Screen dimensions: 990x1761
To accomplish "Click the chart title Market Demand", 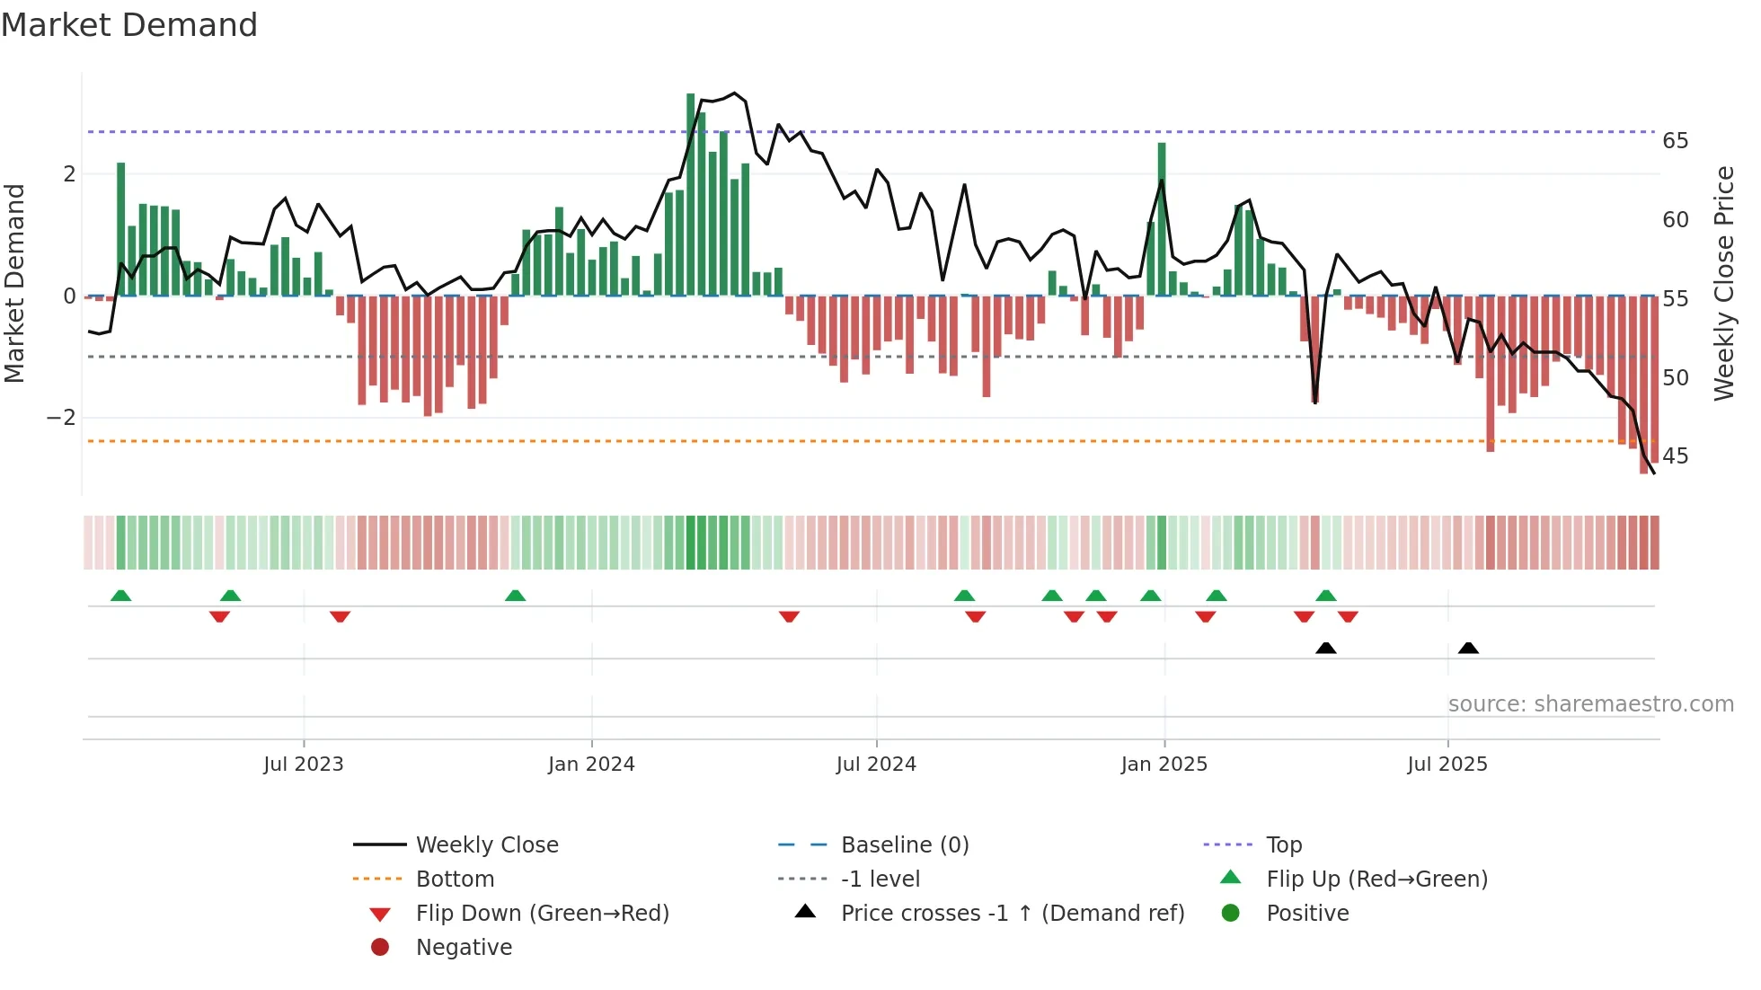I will point(129,25).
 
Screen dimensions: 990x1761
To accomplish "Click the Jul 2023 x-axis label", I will point(303,765).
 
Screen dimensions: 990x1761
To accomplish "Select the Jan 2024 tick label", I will point(591,765).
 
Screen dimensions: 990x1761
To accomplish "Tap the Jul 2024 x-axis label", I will point(876,765).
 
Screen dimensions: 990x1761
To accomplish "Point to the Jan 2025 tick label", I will point(1164,765).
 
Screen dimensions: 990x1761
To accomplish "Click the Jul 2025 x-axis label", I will point(1447,765).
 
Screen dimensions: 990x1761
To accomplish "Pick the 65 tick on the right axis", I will point(1675,141).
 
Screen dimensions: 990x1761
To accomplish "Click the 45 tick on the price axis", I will point(1675,456).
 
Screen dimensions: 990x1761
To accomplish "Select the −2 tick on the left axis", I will point(61,418).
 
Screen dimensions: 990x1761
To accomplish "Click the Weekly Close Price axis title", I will point(1723,283).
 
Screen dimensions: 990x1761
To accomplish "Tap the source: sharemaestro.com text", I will point(1590,704).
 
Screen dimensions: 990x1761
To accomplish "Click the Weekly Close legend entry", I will point(486,845).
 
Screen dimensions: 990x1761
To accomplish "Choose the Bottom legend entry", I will point(455,880).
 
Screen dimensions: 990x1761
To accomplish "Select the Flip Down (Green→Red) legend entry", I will point(542,914).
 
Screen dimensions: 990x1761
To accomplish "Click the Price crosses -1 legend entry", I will point(1012,914).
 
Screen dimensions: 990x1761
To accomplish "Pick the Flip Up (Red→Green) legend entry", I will point(1376,880).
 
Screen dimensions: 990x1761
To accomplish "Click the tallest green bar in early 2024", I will point(691,193).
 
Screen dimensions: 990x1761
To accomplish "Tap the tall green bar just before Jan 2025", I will point(1162,218).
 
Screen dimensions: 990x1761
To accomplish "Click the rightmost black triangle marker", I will point(1468,648).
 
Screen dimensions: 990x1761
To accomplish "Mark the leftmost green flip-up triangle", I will point(121,596).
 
